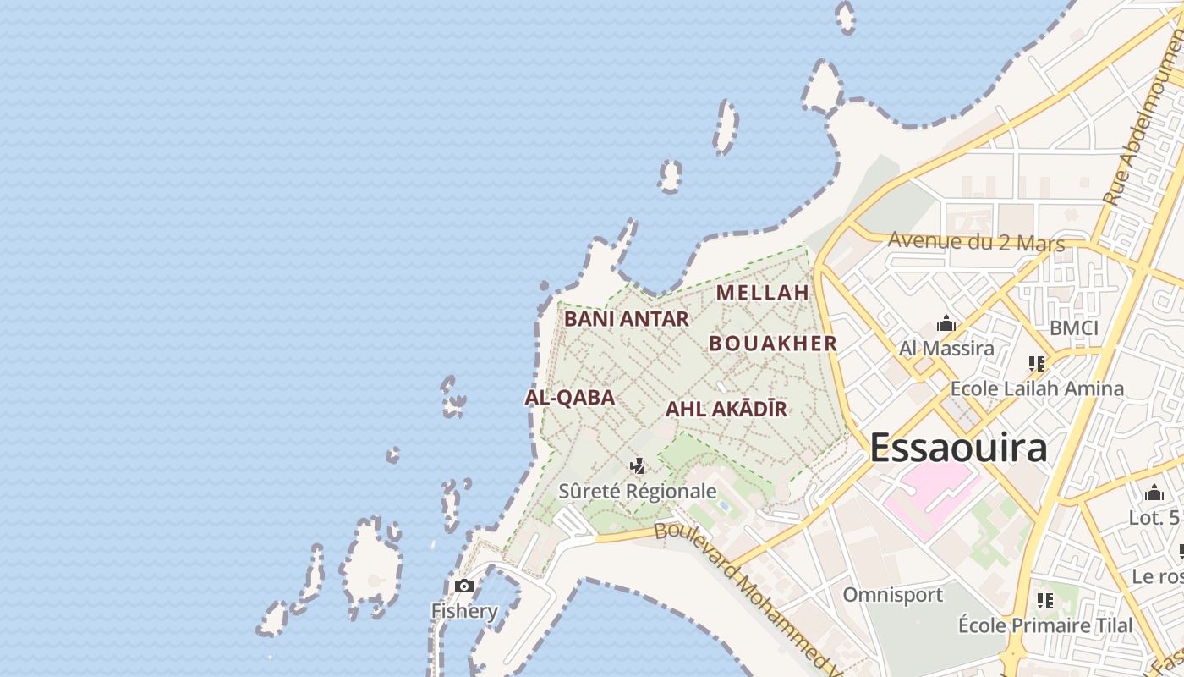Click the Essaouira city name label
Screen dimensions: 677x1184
click(958, 448)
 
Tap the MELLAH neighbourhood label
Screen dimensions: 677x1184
click(763, 293)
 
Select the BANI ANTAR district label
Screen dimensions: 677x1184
click(627, 319)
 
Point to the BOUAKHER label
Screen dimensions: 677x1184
click(773, 344)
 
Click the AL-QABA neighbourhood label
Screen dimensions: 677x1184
click(569, 398)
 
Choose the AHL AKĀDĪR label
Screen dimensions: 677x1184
click(726, 410)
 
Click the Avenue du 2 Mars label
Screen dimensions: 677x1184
click(976, 242)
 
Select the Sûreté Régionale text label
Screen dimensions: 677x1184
click(638, 492)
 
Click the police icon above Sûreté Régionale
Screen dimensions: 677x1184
click(638, 465)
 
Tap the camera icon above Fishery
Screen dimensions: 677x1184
click(463, 586)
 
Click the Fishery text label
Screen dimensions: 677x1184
click(464, 611)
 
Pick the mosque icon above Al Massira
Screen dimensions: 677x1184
click(946, 324)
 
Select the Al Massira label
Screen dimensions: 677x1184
click(946, 348)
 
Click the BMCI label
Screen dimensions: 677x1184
click(1073, 328)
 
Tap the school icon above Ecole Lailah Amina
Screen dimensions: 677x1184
click(1037, 364)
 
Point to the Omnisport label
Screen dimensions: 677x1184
click(892, 595)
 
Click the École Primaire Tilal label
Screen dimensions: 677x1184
click(1045, 625)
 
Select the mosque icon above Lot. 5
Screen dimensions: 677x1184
click(1154, 493)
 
